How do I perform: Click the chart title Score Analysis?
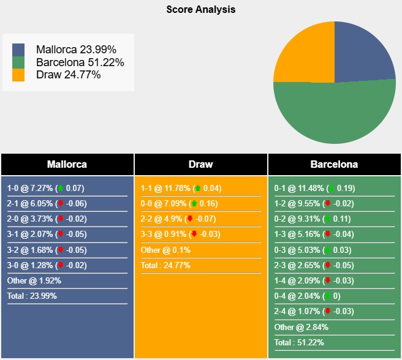pos(200,10)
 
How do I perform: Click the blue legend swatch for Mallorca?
pos(18,50)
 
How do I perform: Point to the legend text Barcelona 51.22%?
pos(80,62)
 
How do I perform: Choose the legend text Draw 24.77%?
pos(69,75)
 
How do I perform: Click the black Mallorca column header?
pos(67,164)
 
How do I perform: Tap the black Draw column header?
pos(200,164)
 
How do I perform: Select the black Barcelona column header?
pos(334,164)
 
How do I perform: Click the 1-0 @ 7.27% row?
pos(46,189)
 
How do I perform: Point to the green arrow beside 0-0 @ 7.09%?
pos(194,204)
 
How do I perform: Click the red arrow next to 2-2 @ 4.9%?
pos(190,219)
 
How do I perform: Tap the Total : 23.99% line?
pos(34,296)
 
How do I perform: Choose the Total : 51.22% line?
pos(299,342)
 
